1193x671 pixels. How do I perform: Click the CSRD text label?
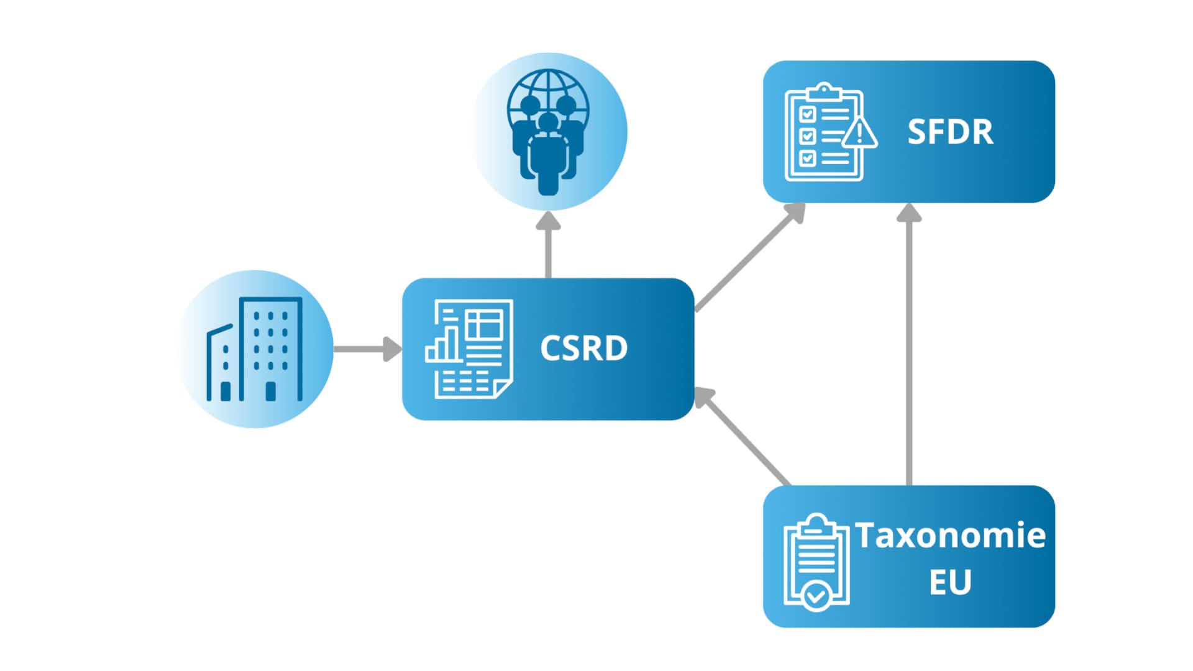coord(583,349)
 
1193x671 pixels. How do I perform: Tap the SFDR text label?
coord(950,132)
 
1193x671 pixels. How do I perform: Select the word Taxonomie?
coord(950,536)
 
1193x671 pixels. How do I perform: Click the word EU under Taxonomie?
coord(950,582)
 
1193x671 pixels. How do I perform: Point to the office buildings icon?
coord(255,349)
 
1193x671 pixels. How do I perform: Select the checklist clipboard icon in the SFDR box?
coord(825,132)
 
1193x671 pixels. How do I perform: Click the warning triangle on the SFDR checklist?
coord(859,133)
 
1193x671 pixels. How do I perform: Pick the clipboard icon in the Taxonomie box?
coord(816,561)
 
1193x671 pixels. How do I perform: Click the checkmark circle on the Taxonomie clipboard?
coord(816,597)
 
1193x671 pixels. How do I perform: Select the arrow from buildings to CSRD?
coord(367,349)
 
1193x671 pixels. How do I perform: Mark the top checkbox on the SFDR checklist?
coord(807,114)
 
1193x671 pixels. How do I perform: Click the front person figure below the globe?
coord(548,158)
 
